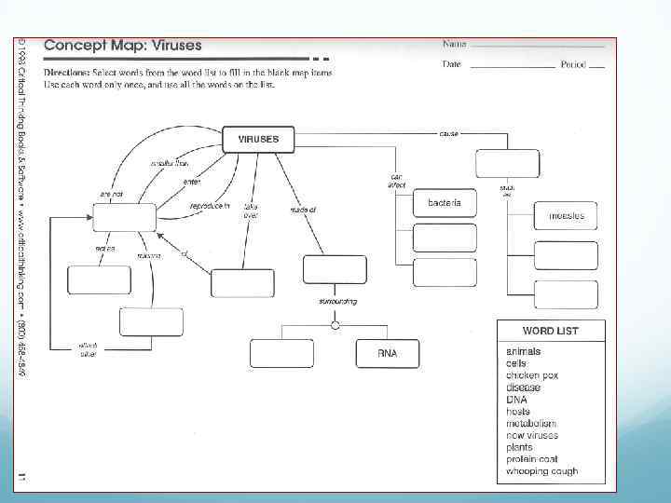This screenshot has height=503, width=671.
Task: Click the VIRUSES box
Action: [258, 140]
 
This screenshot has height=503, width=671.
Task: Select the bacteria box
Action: [445, 203]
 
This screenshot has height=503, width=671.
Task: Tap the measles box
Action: [566, 215]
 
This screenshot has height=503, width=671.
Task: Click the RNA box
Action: [388, 353]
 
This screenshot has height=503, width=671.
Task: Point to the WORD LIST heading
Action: [550, 331]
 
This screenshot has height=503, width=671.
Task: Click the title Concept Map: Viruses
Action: [123, 45]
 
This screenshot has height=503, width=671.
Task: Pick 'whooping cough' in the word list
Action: [541, 471]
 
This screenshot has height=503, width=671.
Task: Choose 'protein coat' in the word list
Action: [533, 459]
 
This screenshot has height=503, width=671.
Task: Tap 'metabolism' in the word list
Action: [531, 423]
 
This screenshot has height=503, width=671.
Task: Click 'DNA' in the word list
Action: [516, 400]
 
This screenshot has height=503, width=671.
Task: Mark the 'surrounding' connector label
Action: [337, 302]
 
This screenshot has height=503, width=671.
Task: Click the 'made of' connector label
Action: [303, 211]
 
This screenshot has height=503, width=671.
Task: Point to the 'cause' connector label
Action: [449, 134]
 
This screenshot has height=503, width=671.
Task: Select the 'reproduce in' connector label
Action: [210, 205]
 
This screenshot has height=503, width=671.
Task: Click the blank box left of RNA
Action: [281, 353]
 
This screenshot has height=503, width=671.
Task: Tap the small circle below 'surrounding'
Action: [335, 324]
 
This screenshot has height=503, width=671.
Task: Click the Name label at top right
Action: [454, 43]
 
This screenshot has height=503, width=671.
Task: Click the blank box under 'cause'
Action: [507, 163]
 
